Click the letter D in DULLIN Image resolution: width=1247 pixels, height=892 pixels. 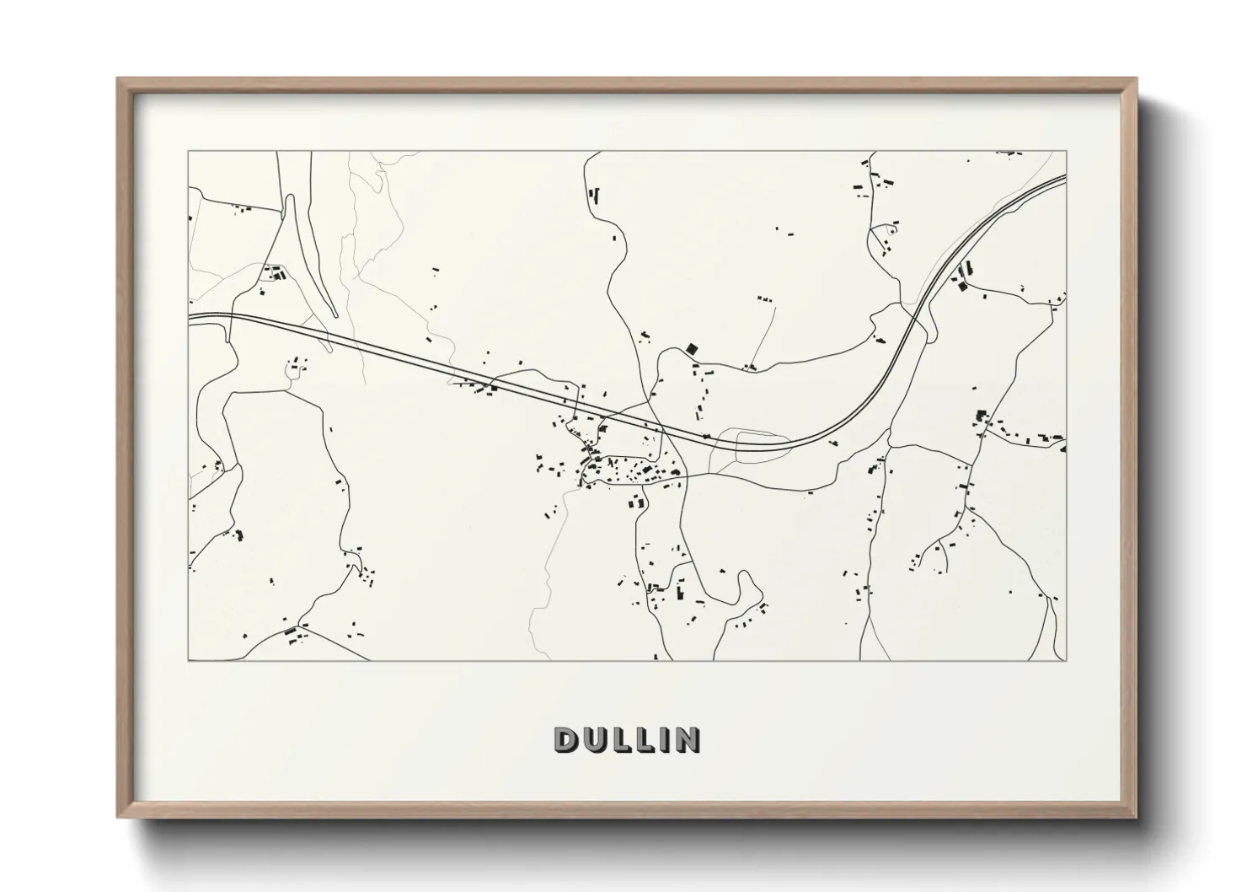click(x=565, y=739)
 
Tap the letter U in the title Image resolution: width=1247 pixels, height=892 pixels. click(x=592, y=739)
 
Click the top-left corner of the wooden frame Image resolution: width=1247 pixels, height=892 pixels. click(x=119, y=79)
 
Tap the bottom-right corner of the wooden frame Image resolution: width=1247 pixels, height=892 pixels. click(x=1137, y=816)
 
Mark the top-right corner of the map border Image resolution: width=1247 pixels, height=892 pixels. click(x=1067, y=152)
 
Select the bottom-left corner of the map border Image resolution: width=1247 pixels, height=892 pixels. click(x=189, y=660)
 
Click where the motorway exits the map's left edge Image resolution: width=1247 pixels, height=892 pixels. click(x=190, y=317)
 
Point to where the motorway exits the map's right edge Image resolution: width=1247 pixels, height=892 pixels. click(x=1066, y=178)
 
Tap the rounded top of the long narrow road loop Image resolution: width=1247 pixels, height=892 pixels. click(x=291, y=198)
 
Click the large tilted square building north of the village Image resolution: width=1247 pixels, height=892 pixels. click(x=693, y=347)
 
